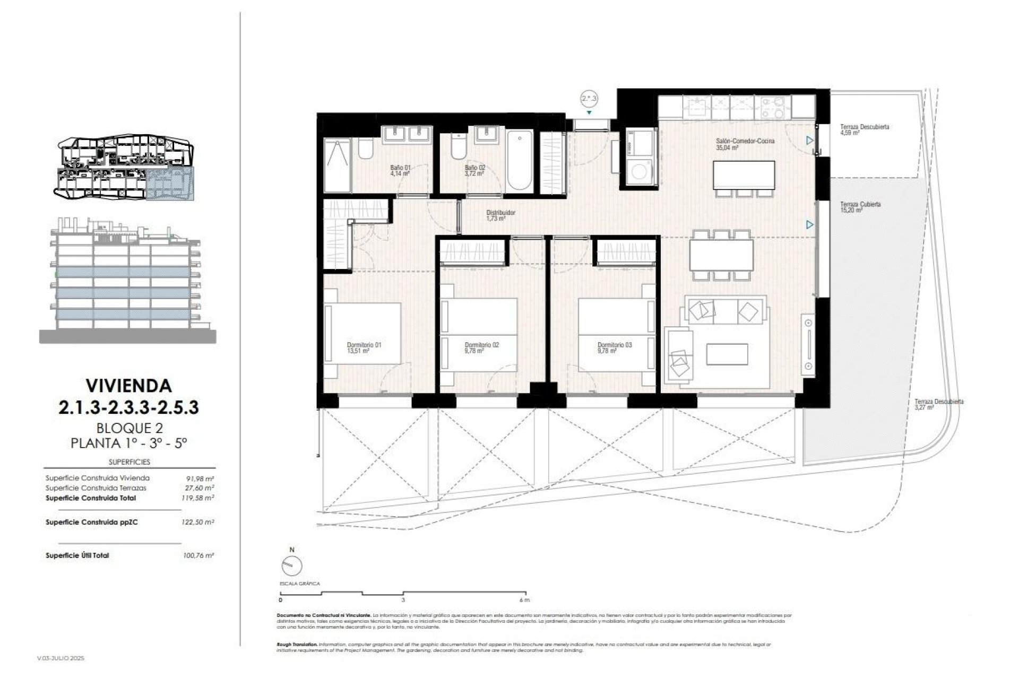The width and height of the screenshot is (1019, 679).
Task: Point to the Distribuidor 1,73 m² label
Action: pyautogui.click(x=500, y=215)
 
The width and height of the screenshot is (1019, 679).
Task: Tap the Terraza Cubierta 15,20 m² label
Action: pyautogui.click(x=860, y=207)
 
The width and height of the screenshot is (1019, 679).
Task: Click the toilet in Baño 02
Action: pyautogui.click(x=458, y=147)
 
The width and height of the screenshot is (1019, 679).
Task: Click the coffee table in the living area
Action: pyautogui.click(x=727, y=353)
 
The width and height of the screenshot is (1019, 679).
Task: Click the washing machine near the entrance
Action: pyautogui.click(x=641, y=172)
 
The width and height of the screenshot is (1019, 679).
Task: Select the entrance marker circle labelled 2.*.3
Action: pyautogui.click(x=589, y=98)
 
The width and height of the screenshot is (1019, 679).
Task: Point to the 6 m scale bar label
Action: pyautogui.click(x=525, y=600)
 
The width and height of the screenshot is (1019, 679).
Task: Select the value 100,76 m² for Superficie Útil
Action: pyautogui.click(x=197, y=555)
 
